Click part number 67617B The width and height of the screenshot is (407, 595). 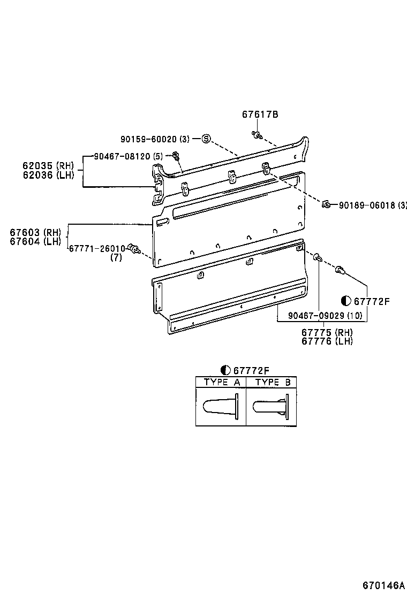click(260, 115)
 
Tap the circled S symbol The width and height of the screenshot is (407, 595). click(206, 139)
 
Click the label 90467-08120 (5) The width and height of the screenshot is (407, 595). click(128, 156)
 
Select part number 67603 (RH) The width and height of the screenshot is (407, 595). click(35, 232)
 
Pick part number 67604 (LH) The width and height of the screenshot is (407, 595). click(35, 241)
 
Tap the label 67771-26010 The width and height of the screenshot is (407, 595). click(97, 248)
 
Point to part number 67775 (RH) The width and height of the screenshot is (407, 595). click(327, 332)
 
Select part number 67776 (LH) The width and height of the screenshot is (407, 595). click(327, 341)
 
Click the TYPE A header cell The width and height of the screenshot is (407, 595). click(221, 382)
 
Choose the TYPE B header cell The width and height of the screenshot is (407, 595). click(272, 382)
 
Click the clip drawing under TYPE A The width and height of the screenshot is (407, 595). click(221, 407)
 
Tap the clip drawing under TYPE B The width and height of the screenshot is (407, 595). click(272, 407)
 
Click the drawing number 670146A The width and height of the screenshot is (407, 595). click(382, 584)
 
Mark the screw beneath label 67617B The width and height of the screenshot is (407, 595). click(256, 134)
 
